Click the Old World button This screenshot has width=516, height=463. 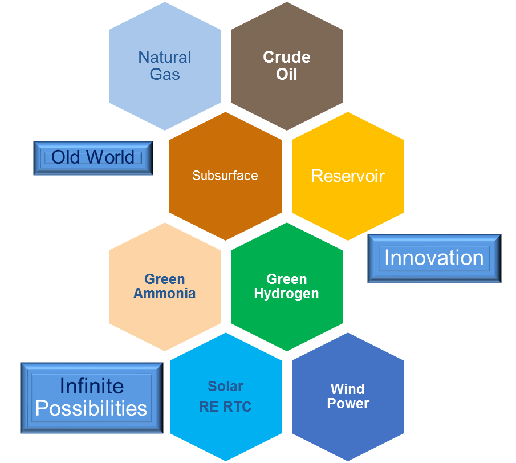pos(93,158)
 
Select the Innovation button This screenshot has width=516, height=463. pos(434,258)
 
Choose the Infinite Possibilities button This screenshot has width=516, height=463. pos(91,397)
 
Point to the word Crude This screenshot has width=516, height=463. pos(286,58)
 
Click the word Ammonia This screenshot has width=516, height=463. pos(164,294)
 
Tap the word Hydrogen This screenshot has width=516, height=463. pos(286,294)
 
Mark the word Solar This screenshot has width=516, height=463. pos(225,387)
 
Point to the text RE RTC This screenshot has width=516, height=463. pos(225,407)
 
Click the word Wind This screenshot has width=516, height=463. pos(347,389)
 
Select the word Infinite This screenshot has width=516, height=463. pos(92,386)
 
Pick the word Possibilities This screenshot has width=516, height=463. pos(91,408)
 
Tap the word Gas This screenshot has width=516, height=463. pos(165,74)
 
